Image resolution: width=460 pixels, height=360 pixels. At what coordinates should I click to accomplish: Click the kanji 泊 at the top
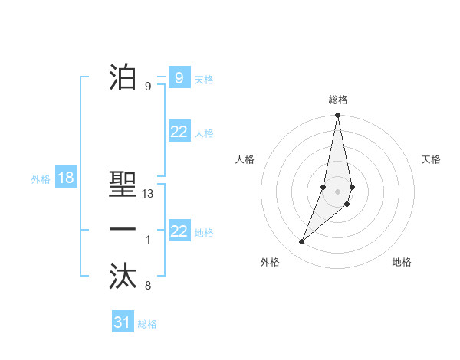click(123, 77)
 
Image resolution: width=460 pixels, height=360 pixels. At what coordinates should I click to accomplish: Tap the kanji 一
click(123, 231)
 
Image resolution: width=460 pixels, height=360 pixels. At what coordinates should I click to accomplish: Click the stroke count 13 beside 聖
click(149, 195)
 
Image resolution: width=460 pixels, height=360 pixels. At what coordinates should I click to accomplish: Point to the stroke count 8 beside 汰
click(148, 286)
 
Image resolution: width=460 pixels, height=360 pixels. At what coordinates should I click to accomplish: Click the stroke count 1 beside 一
click(148, 240)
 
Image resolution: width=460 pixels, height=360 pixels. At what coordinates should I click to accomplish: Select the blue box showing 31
click(123, 322)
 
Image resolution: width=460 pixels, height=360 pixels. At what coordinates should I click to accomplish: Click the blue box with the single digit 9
click(179, 78)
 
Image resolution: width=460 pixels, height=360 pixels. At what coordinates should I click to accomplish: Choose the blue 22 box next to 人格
click(179, 132)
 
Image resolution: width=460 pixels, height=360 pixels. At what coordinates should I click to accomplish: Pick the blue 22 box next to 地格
click(179, 231)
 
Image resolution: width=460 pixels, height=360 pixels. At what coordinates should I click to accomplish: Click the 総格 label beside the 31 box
click(147, 324)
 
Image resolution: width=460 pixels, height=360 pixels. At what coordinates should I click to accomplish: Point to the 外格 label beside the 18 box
click(41, 179)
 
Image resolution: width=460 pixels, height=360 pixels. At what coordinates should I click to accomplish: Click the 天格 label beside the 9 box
click(204, 80)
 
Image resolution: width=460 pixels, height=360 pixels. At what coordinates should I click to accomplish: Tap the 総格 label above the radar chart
click(337, 100)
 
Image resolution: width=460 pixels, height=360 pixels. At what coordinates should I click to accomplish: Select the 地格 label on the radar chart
click(402, 262)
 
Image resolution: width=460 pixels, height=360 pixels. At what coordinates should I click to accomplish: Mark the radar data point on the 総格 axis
click(337, 116)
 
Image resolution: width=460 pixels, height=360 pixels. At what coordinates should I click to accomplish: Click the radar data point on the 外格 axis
click(302, 242)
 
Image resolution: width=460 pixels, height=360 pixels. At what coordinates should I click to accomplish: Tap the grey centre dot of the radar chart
click(337, 191)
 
